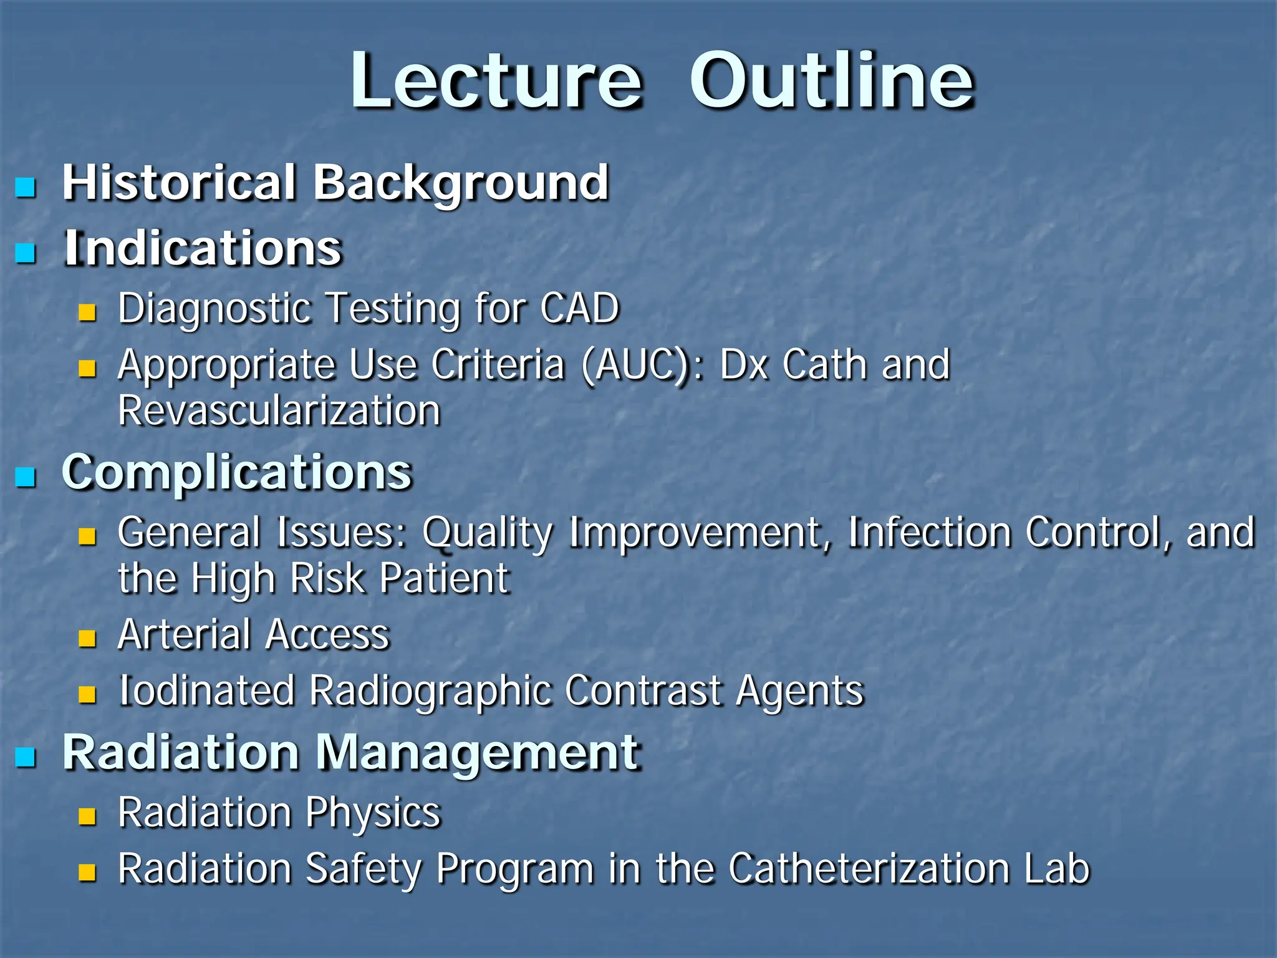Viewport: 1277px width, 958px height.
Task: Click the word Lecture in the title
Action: [x=496, y=81]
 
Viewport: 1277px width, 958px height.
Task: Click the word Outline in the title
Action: [x=831, y=81]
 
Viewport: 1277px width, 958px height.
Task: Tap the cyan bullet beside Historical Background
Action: [x=26, y=186]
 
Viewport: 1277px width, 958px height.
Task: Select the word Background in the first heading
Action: [x=460, y=183]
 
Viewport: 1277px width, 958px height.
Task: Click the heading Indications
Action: [x=203, y=248]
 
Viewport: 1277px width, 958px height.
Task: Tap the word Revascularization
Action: [x=279, y=411]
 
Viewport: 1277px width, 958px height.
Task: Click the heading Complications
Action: [x=237, y=472]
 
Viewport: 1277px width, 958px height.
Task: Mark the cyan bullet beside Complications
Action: [x=26, y=477]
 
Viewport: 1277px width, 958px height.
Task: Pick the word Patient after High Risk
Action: [x=445, y=578]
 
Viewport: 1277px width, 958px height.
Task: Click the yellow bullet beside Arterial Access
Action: [x=87, y=638]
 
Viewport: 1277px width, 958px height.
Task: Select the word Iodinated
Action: [x=206, y=690]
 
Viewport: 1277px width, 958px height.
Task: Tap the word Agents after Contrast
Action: [x=800, y=692]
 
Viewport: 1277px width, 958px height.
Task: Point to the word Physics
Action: [x=373, y=813]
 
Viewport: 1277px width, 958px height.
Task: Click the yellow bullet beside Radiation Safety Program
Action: [x=87, y=872]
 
